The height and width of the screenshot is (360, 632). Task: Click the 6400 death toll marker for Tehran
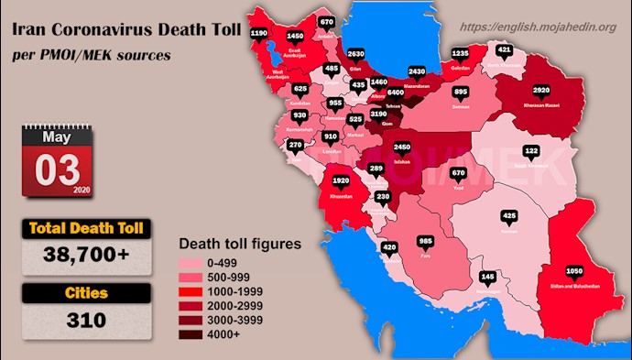pos(396,93)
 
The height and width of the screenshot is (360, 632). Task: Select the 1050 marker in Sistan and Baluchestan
pos(574,272)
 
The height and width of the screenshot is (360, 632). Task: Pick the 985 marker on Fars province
pos(425,241)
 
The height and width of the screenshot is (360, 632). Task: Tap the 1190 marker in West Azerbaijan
pos(259,33)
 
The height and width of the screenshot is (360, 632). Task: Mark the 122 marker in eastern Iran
pos(531,150)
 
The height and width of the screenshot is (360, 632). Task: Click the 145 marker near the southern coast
pos(488,276)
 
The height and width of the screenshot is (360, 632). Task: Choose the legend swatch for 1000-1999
pos(188,290)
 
